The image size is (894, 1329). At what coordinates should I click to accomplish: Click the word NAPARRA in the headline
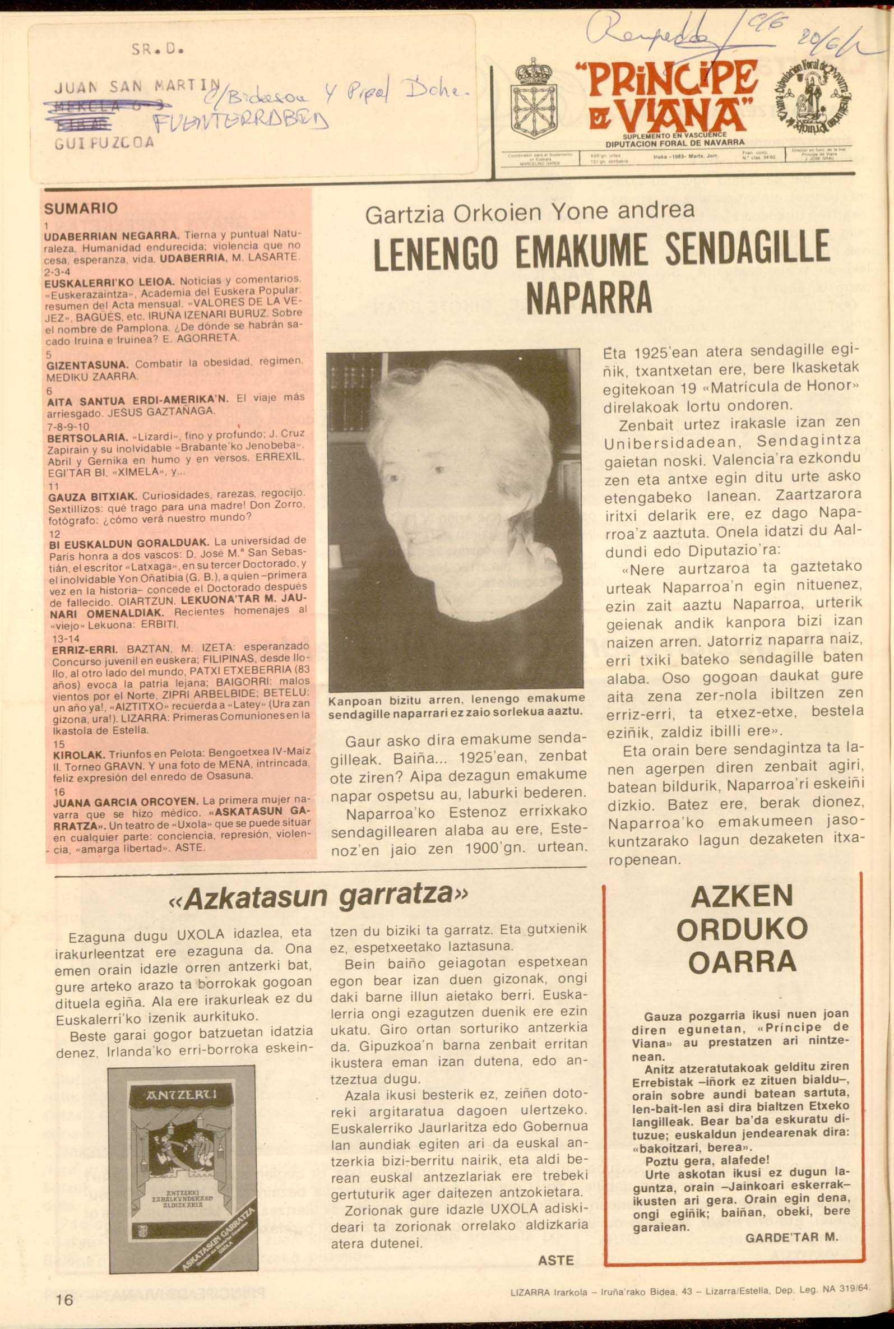590,297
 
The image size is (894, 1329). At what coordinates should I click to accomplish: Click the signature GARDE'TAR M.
791,1237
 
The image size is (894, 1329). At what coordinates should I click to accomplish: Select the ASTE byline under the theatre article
556,1259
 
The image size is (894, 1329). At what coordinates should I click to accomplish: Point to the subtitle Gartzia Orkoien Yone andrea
530,212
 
